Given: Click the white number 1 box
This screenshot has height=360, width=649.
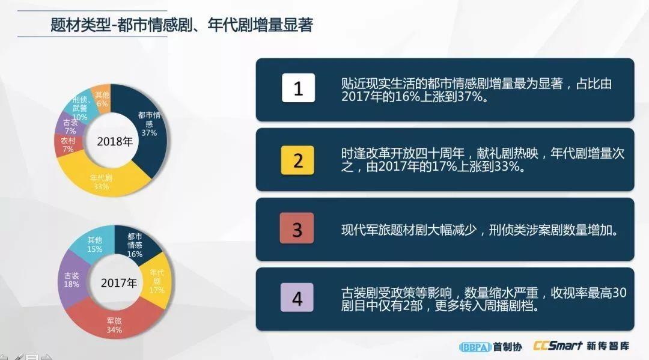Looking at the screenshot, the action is coord(298,88).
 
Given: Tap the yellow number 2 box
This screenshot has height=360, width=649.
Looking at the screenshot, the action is coord(297,160).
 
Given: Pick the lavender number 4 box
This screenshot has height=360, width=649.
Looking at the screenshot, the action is coord(297,297).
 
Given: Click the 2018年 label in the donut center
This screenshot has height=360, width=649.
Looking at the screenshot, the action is coord(115,141).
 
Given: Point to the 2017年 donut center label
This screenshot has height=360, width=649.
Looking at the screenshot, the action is coord(119,283).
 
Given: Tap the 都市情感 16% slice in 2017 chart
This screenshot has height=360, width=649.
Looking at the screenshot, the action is coord(136,244).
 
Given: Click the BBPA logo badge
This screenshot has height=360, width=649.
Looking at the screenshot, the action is coord(475,347).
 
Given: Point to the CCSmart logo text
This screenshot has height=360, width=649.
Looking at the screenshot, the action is coord(558,346).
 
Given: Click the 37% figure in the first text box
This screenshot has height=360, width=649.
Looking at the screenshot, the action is coord(470,97).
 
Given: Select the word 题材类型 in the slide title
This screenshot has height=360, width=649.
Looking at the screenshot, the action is coord(81,25).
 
